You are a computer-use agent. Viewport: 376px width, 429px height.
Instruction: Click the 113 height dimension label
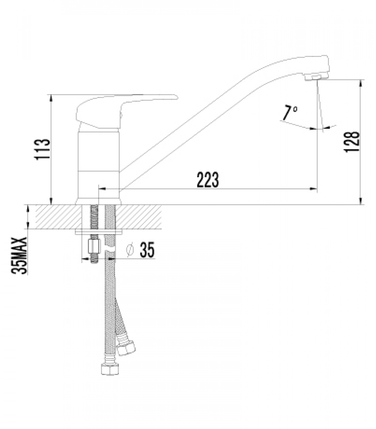click(x=42, y=149)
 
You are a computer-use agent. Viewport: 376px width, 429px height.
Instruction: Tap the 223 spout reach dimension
click(x=208, y=179)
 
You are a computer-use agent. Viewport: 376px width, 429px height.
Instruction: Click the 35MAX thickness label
click(x=19, y=256)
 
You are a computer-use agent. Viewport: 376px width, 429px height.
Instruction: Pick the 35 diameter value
click(x=147, y=250)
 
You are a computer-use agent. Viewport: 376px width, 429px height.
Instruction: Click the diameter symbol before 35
click(x=130, y=250)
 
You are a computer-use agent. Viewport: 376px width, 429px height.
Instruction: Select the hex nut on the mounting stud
click(x=94, y=247)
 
